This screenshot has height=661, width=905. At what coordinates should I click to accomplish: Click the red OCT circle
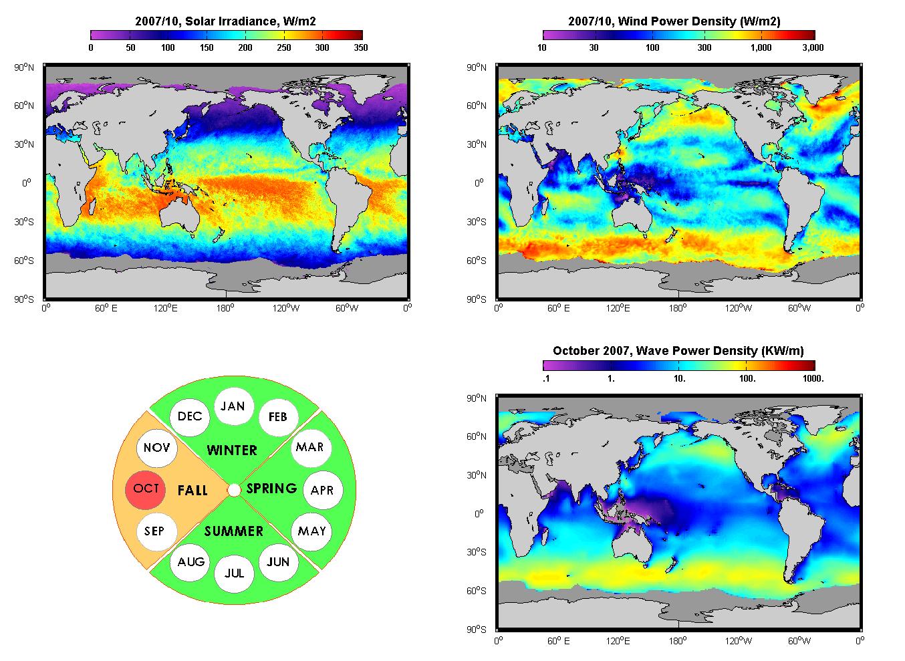145,490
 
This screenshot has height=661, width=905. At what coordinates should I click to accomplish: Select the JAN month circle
234,406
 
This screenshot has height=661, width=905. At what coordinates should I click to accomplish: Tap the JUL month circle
234,573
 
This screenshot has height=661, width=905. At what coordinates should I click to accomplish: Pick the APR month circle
323,490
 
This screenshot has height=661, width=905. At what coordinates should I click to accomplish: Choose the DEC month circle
190,416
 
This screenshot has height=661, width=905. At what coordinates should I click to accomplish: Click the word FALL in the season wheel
192,491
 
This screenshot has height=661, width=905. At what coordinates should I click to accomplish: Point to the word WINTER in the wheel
232,450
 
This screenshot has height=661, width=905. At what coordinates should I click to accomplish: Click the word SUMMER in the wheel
233,531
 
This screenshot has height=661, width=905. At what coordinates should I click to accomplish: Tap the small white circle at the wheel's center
234,490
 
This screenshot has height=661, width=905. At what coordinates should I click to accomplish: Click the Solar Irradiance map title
225,21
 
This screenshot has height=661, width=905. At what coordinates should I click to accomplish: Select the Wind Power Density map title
674,21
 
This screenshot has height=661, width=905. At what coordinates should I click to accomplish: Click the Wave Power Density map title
678,351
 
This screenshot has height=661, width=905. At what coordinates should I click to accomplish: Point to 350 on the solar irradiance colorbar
361,47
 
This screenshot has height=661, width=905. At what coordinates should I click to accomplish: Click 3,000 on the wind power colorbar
813,47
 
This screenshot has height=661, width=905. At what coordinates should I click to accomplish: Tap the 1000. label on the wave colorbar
813,378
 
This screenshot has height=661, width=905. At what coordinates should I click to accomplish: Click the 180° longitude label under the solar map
225,308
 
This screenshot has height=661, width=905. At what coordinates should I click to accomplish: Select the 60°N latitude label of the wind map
477,106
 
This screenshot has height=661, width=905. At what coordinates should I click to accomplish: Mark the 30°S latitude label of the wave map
477,552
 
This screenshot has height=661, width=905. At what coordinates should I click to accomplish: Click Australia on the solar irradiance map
180,217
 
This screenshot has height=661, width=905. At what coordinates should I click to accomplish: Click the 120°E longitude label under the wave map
618,641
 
